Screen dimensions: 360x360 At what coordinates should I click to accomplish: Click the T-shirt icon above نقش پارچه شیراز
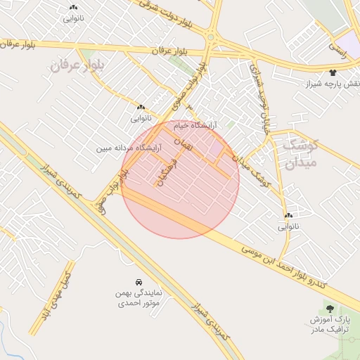click(x=333, y=72)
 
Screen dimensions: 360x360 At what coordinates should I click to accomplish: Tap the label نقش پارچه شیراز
click(x=333, y=84)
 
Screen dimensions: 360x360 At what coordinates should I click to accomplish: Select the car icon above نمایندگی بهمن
click(x=139, y=281)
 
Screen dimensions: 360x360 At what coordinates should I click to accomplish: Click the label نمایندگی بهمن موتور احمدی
click(x=138, y=297)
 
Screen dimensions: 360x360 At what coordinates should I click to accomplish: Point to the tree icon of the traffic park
click(x=330, y=309)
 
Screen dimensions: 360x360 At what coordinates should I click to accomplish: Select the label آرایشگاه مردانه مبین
click(x=134, y=148)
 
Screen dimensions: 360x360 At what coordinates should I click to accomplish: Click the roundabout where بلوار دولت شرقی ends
click(x=210, y=37)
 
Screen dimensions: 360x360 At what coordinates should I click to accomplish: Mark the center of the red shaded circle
click(x=181, y=179)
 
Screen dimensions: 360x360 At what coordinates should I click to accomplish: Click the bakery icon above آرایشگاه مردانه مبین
click(x=141, y=108)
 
